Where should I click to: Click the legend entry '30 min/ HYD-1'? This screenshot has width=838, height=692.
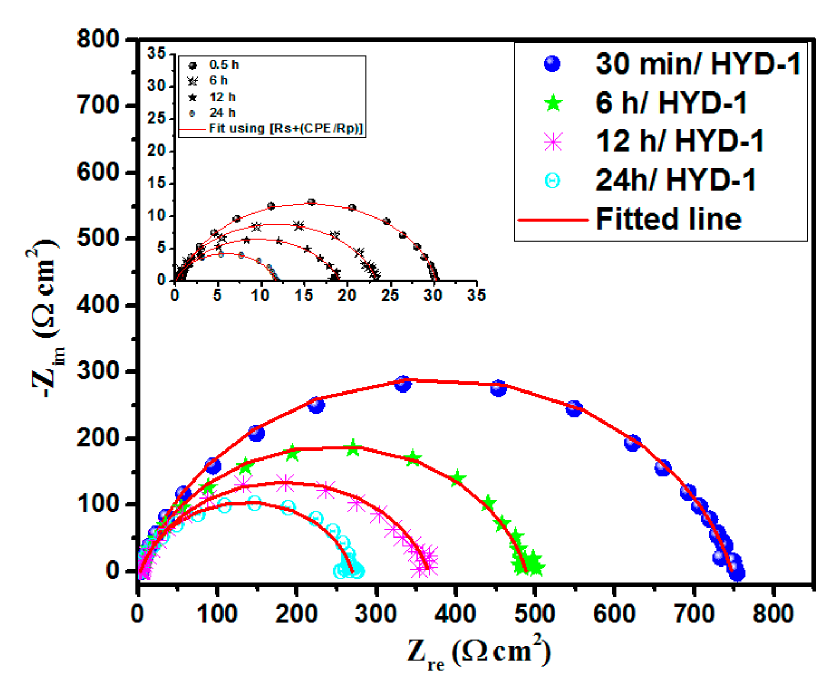point(697,64)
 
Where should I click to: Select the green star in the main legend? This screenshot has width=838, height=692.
point(553,103)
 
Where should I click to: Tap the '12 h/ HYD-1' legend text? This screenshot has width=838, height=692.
point(679,141)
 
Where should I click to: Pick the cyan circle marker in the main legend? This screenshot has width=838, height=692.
point(553,181)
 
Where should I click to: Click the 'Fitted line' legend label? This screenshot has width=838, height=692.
point(669,219)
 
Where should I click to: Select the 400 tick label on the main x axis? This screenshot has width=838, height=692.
point(455,614)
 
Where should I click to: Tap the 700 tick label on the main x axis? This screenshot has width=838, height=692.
point(693,614)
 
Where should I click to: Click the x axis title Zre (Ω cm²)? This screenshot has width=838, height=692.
point(478,652)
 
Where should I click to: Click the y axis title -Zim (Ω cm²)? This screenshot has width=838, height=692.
point(45,318)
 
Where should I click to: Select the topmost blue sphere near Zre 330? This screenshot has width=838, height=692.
point(403,383)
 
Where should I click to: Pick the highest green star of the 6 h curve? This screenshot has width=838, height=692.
point(353,447)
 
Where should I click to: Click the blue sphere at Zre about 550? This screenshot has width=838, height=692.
point(574,409)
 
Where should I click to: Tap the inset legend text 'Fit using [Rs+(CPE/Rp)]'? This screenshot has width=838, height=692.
point(286,129)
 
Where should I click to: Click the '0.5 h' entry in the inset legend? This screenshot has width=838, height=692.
point(224,65)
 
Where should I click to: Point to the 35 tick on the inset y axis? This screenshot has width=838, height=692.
point(157,54)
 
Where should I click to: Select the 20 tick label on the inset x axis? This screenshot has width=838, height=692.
point(347,295)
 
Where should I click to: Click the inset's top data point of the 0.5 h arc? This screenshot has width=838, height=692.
point(312,202)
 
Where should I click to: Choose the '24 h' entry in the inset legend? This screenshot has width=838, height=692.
point(222,113)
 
